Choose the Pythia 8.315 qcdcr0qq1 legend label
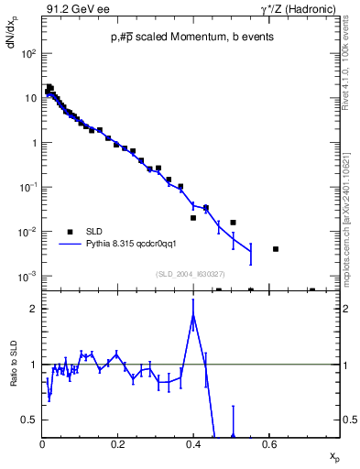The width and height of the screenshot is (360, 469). (137, 245)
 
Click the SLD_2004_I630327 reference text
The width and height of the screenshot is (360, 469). (191, 273)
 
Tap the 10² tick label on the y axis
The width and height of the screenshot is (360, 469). (28, 53)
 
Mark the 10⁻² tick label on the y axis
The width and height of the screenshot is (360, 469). (27, 232)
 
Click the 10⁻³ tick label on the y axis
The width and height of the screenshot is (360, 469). (27, 277)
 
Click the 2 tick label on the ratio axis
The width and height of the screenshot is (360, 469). (34, 309)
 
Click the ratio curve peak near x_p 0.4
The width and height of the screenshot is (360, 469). (193, 314)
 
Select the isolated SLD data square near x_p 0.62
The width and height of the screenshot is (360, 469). (276, 248)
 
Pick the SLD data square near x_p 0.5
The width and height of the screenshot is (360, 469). (234, 223)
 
